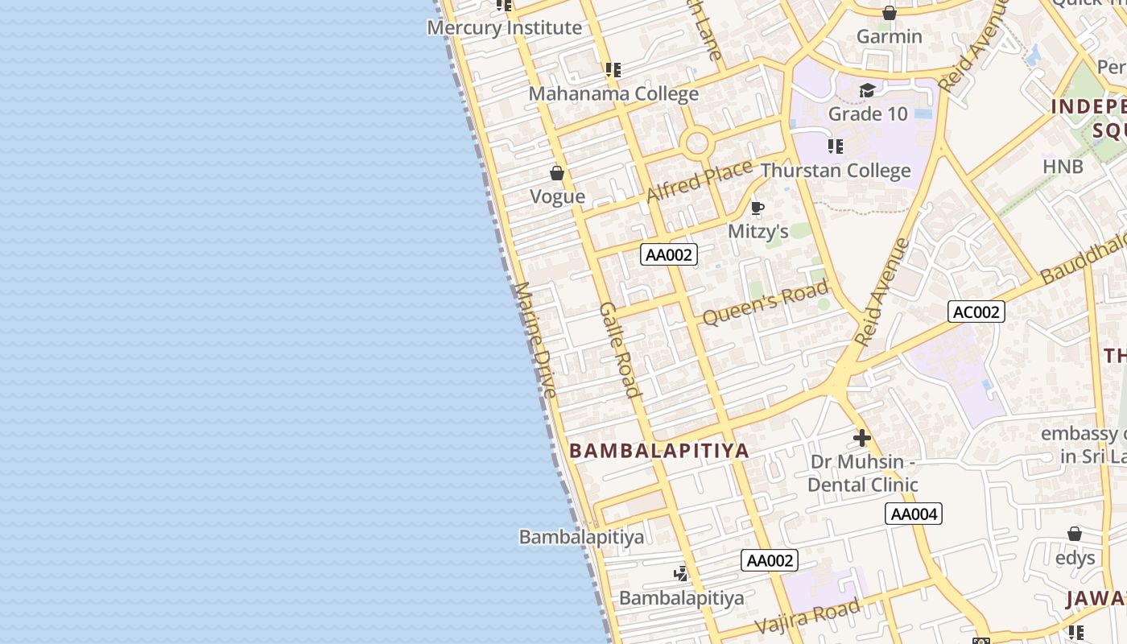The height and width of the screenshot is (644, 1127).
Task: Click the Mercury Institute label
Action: pyautogui.click(x=504, y=27)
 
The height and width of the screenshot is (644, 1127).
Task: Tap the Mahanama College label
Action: pyautogui.click(x=613, y=93)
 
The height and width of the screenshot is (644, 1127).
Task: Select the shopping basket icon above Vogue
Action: pyautogui.click(x=556, y=173)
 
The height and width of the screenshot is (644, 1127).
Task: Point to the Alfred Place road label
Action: pyautogui.click(x=699, y=181)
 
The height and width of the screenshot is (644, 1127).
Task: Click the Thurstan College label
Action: pyautogui.click(x=836, y=171)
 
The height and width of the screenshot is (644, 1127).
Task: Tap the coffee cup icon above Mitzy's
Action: pyautogui.click(x=757, y=208)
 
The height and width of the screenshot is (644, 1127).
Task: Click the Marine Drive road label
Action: pyautogui.click(x=535, y=339)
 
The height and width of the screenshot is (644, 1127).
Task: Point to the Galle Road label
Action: pyautogui.click(x=621, y=350)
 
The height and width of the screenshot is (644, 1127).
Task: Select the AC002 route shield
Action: pyautogui.click(x=976, y=312)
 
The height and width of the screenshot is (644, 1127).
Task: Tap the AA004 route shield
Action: pyautogui.click(x=914, y=514)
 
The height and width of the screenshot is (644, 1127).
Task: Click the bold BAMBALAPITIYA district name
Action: pyautogui.click(x=659, y=451)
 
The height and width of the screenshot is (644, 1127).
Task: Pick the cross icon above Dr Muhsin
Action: pyautogui.click(x=862, y=439)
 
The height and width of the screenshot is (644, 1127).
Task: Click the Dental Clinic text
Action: pyautogui.click(x=862, y=485)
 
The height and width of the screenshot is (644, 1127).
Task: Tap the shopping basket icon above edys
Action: pyautogui.click(x=1074, y=534)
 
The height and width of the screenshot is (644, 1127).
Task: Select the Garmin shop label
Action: pyautogui.click(x=889, y=36)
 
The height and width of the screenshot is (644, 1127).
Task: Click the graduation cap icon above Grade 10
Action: pyautogui.click(x=867, y=91)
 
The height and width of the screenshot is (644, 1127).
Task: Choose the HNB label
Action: pyautogui.click(x=1063, y=167)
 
